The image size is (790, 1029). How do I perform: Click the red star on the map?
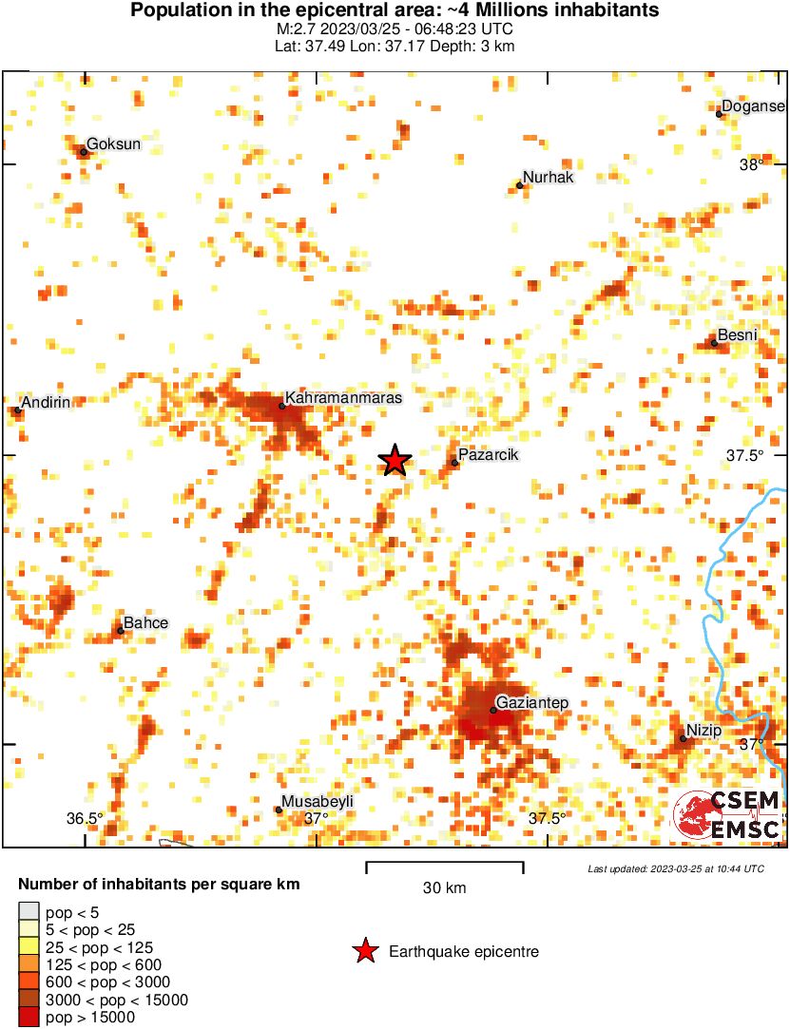pos(395,460)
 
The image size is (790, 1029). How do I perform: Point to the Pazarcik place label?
pos(488,456)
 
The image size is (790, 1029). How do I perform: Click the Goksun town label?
pos(113,144)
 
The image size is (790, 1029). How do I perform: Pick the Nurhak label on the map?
pos(549,178)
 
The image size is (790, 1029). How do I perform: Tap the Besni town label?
pos(737,335)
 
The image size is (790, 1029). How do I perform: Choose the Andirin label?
pos(46,402)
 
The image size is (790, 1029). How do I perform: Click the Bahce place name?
pos(145,622)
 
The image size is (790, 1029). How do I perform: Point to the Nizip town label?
pos(704,730)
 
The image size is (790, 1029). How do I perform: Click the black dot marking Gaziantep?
pos(492,710)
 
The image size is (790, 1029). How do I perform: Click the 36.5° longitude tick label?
pos(85,818)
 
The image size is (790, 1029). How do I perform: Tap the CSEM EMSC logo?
pos(728,814)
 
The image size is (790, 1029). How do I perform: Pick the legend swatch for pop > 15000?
pos(29,1017)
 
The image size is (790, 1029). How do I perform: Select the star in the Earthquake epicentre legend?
pos(364,951)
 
